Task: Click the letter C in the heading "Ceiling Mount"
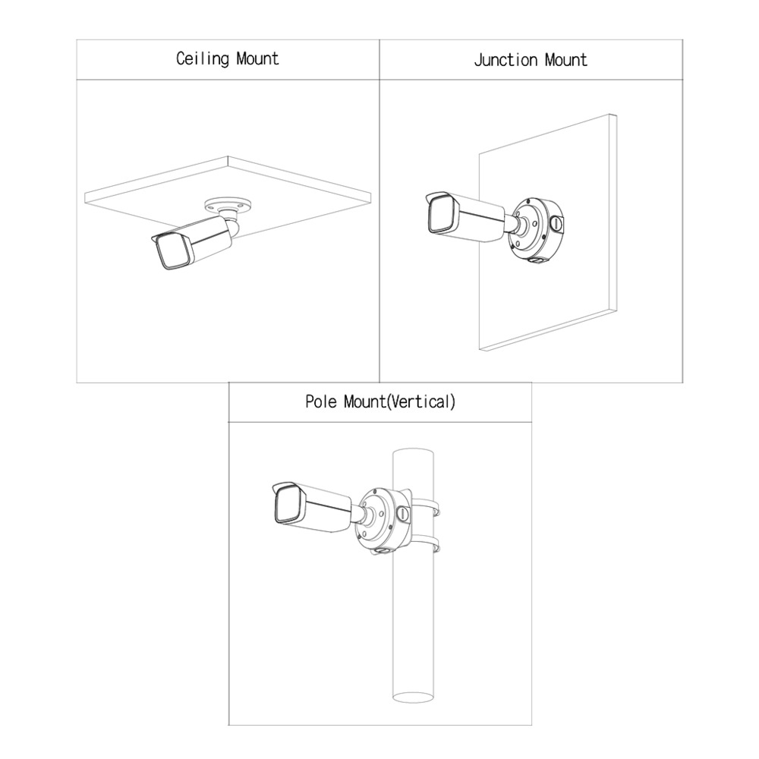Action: pos(181,58)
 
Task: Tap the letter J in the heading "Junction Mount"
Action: pos(477,60)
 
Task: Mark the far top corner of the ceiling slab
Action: pos(228,156)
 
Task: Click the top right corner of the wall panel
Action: pos(616,115)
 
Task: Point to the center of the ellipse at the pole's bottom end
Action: pos(412,698)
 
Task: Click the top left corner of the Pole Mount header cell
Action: pos(228,383)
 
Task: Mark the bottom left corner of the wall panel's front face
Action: pos(479,349)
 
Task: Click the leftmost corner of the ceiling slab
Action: pos(85,194)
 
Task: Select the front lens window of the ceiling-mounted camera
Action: pos(173,252)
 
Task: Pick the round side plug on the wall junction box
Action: pos(556,224)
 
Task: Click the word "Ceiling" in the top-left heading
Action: pos(203,59)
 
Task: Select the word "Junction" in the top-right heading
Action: pos(505,60)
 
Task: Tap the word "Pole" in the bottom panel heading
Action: pos(321,402)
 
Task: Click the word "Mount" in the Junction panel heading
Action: pos(566,60)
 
